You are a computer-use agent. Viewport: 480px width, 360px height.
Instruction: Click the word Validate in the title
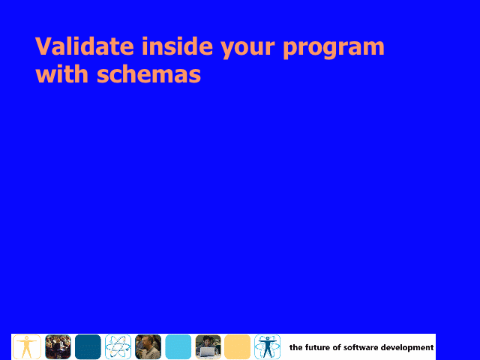(x=85, y=46)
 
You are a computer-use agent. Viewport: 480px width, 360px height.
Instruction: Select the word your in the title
(x=247, y=49)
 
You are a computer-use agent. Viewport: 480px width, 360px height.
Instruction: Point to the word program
(x=334, y=49)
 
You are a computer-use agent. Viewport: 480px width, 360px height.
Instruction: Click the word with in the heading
(x=61, y=73)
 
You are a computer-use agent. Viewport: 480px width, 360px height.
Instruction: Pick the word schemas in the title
(x=148, y=73)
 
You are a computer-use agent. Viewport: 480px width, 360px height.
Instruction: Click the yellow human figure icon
(x=27, y=346)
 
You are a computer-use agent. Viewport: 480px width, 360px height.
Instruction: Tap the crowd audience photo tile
(x=58, y=346)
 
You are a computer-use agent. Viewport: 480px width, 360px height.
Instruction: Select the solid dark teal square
(x=88, y=346)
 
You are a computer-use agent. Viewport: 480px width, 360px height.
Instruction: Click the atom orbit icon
(x=118, y=346)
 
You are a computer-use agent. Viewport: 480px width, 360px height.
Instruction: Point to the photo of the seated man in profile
(x=148, y=346)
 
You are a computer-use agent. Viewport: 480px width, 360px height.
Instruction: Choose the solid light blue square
(x=178, y=346)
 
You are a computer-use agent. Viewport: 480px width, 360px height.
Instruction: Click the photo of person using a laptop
(x=208, y=346)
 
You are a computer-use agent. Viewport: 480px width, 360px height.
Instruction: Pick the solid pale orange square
(x=238, y=346)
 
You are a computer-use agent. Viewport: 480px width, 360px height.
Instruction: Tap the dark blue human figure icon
(x=267, y=346)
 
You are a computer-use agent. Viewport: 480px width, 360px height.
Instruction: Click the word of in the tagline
(x=337, y=347)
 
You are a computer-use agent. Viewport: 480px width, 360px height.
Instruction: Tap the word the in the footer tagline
(x=296, y=347)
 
